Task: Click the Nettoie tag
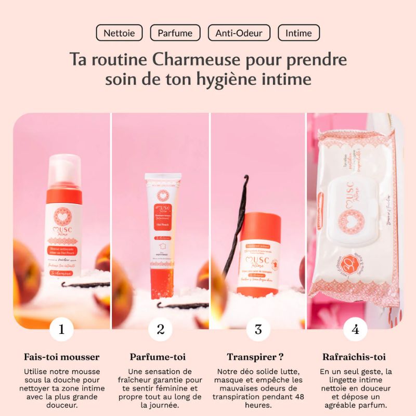(119, 33)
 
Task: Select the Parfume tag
(175, 33)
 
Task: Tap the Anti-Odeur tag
(239, 33)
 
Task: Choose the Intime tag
(298, 33)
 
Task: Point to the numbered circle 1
(62, 329)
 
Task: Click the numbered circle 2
(160, 329)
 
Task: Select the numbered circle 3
(258, 329)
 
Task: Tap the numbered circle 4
(355, 329)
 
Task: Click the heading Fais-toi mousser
(62, 357)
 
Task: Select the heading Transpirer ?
(255, 357)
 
